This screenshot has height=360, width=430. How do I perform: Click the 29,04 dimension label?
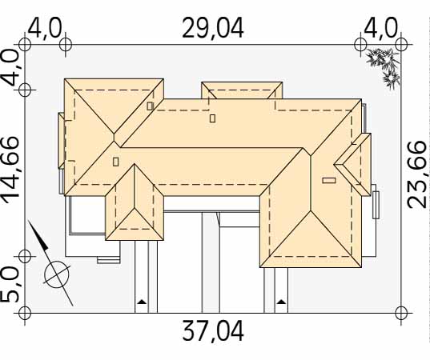click(x=213, y=28)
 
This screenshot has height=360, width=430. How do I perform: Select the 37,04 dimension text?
click(x=213, y=331)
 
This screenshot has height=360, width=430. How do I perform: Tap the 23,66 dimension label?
click(x=416, y=174)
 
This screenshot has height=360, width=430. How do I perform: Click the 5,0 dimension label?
click(x=10, y=286)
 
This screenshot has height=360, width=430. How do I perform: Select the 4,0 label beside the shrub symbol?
click(x=380, y=28)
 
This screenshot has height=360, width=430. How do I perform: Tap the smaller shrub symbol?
click(x=392, y=80)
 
